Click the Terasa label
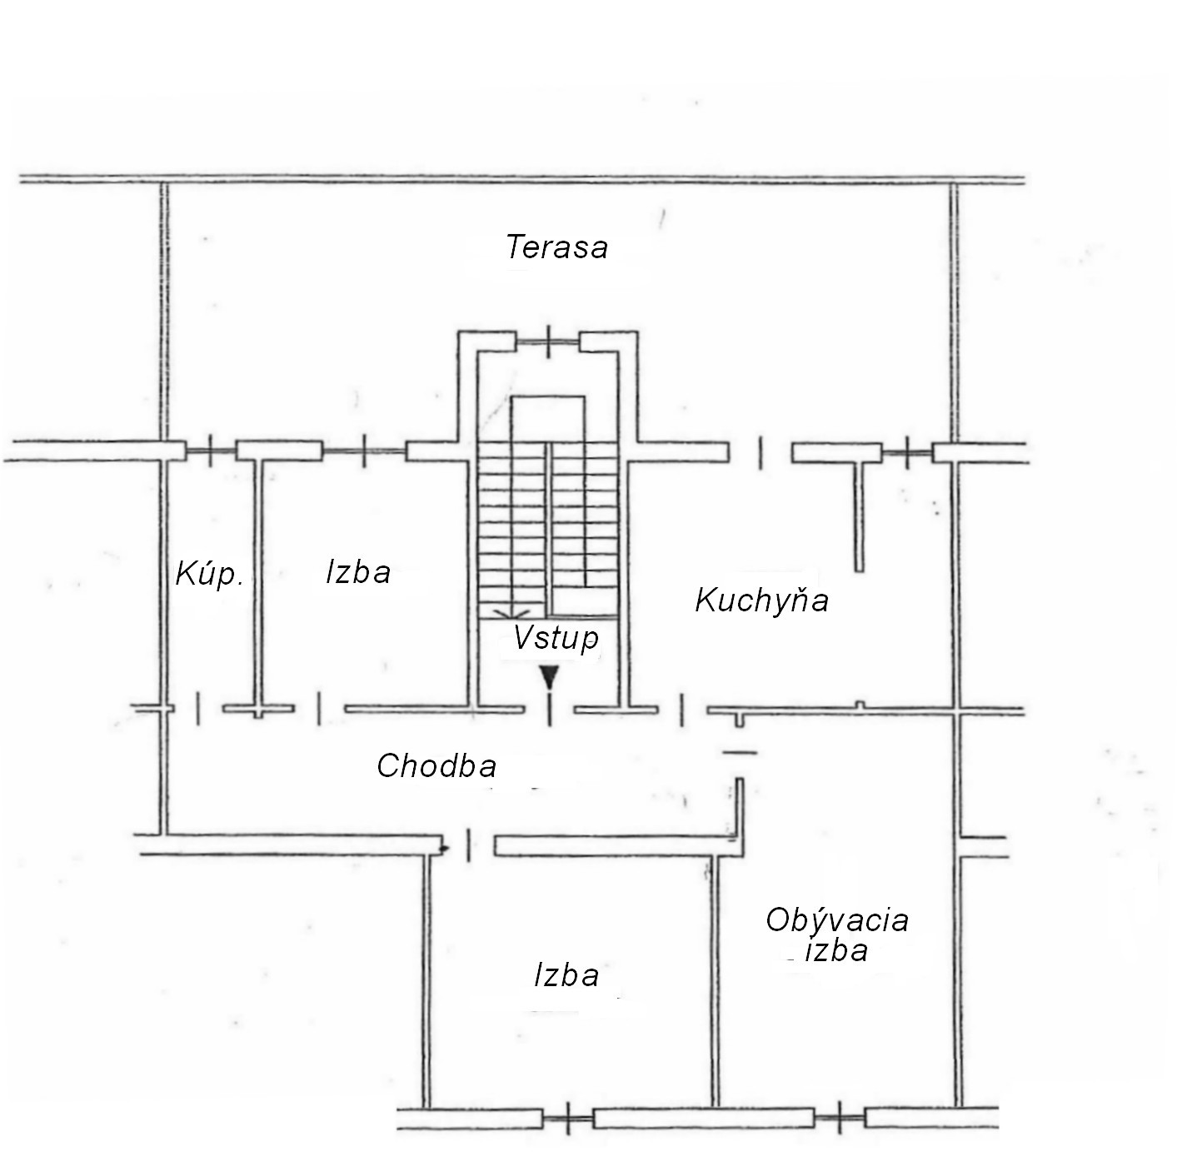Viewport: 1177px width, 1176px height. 556,247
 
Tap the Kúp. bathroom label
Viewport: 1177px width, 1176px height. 209,574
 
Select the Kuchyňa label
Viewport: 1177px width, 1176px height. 761,600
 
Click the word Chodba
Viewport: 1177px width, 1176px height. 436,766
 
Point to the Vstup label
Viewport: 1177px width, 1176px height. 556,638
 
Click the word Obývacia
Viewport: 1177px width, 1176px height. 836,920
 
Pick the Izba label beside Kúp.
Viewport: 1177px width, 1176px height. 358,572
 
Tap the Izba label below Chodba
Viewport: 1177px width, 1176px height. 566,975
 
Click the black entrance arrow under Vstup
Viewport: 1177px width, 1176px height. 549,677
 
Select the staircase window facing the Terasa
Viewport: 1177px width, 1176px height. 548,341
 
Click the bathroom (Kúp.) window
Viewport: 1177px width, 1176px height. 211,451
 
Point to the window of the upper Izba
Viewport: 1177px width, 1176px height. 364,451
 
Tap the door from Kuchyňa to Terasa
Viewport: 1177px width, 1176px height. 760,452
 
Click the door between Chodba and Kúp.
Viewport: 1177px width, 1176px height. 198,709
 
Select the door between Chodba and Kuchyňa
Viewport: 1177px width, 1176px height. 682,710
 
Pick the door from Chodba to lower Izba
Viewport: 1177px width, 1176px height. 468,845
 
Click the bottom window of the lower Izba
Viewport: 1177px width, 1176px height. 568,1118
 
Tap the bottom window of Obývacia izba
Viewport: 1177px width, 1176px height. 840,1118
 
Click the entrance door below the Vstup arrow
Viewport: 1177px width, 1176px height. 549,710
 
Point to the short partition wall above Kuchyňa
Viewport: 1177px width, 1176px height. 860,517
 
